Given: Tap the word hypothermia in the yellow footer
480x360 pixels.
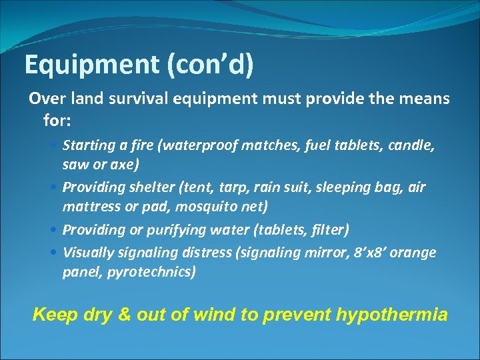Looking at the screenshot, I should [392, 314].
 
